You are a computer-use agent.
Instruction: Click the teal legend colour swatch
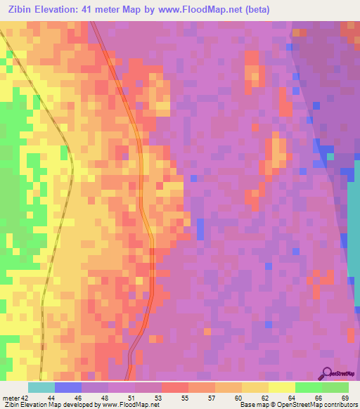pyautogui.click(x=41, y=387)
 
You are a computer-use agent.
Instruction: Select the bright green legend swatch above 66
pyautogui.click(x=308, y=387)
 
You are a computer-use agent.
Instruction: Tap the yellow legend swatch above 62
pyautogui.click(x=255, y=387)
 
